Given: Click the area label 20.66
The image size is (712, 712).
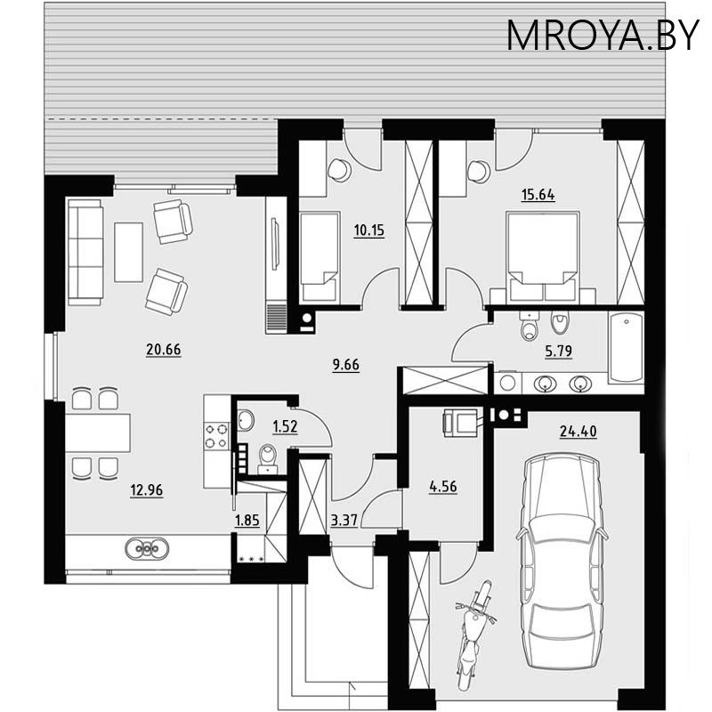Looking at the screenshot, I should [x=163, y=350].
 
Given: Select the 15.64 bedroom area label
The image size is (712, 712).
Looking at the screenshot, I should [x=537, y=196].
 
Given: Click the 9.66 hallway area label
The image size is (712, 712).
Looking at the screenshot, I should [x=344, y=364].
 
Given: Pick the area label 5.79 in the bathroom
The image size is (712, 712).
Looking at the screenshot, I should [x=557, y=350].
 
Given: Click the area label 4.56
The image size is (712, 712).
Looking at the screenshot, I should [x=443, y=487].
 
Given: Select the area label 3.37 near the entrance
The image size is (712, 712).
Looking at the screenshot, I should [x=344, y=521].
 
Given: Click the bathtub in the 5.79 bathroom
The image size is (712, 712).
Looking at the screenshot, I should [x=626, y=348].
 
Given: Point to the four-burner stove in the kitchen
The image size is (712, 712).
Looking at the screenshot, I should [x=217, y=435].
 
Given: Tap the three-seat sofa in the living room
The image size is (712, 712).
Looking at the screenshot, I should [x=85, y=253].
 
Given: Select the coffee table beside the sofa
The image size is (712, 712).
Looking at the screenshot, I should [x=129, y=251].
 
